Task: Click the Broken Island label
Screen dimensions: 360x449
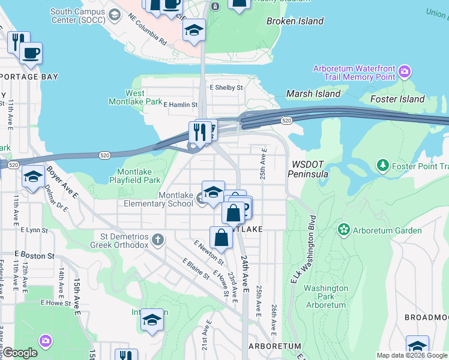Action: point(295,21)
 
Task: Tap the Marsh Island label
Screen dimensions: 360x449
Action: point(313,94)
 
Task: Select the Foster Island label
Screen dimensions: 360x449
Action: point(397,99)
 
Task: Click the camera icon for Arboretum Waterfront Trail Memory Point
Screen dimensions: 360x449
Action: point(405,73)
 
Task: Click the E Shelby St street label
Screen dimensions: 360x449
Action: point(226,88)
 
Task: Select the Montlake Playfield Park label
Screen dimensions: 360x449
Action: point(134,176)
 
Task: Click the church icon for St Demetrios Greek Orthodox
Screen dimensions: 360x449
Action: point(158,240)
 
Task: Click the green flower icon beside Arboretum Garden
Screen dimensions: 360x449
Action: point(343,230)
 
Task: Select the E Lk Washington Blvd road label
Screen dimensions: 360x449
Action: point(303,248)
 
